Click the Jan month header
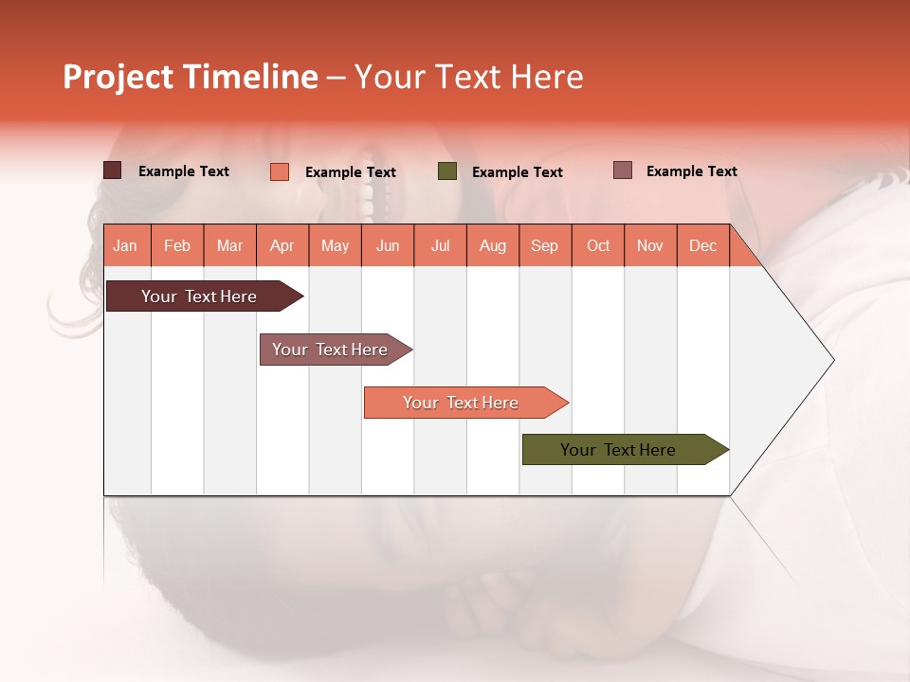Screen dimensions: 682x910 [126, 245]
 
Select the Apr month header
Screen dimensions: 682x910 [282, 245]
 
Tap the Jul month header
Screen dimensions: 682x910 [441, 245]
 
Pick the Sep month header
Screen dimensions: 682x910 [545, 245]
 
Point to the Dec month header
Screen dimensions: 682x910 [702, 245]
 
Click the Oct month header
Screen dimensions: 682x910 [598, 245]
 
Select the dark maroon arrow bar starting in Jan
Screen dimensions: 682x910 [199, 296]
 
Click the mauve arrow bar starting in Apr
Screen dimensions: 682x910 [331, 350]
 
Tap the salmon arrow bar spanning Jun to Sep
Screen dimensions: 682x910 [461, 403]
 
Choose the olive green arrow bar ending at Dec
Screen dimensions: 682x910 [619, 450]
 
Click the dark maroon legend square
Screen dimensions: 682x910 [112, 170]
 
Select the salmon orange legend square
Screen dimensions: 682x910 [279, 171]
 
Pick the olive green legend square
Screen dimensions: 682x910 [446, 171]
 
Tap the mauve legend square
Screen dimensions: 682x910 [622, 170]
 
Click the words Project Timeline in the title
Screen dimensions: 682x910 [190, 77]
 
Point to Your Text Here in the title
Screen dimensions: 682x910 [468, 77]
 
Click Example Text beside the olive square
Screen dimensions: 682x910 [517, 172]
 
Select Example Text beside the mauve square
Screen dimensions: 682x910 [691, 171]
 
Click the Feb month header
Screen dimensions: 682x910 [177, 245]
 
